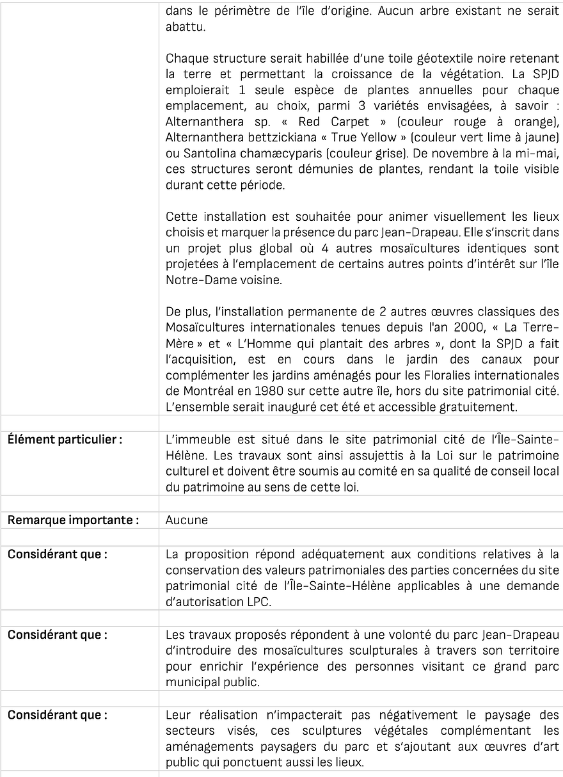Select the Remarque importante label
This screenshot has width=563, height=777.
click(73, 520)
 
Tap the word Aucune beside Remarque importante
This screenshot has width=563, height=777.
click(186, 520)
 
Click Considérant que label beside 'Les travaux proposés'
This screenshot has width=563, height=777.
click(57, 635)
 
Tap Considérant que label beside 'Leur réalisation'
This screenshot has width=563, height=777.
click(57, 715)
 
